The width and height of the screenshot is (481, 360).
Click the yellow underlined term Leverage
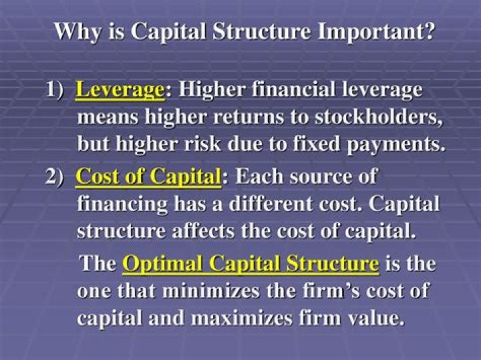(119, 89)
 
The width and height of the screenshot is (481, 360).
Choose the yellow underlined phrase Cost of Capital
(148, 177)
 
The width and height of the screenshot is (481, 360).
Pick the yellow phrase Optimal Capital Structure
(251, 263)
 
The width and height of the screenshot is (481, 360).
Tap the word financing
(124, 204)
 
